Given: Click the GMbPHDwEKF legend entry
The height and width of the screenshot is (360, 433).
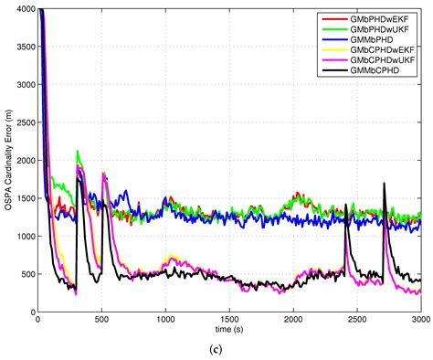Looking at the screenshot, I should [x=375, y=17].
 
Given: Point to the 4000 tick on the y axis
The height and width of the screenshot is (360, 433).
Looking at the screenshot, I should [x=23, y=9].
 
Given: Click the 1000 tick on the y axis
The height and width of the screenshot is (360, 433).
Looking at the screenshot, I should [x=23, y=237].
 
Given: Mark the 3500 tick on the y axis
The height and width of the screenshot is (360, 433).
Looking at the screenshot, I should [x=23, y=47].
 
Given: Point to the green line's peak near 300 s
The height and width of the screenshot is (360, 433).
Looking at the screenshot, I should [x=78, y=152].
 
